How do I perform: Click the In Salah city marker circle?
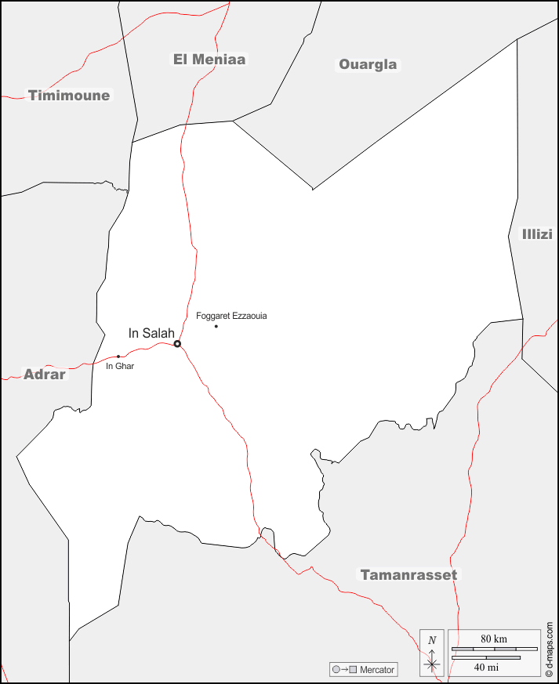(x=177, y=343)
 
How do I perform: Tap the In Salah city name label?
(x=151, y=333)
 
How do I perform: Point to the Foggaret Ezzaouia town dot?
(x=216, y=326)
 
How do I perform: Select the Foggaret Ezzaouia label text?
(x=231, y=316)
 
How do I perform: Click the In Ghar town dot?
(x=118, y=356)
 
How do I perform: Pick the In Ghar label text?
(x=120, y=366)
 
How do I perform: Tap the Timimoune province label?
(x=69, y=96)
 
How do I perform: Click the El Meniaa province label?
(x=209, y=59)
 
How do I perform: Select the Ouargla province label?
(x=368, y=64)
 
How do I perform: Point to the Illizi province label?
(x=537, y=234)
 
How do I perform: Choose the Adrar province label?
(x=45, y=374)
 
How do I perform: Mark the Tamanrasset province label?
(x=408, y=574)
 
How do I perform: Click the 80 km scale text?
(x=494, y=639)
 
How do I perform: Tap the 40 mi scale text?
(x=486, y=668)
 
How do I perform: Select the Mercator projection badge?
(x=364, y=670)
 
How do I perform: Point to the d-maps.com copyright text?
(x=549, y=649)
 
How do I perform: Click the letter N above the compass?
(x=432, y=639)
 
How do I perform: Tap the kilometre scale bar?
(x=494, y=649)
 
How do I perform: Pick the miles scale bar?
(x=486, y=657)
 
